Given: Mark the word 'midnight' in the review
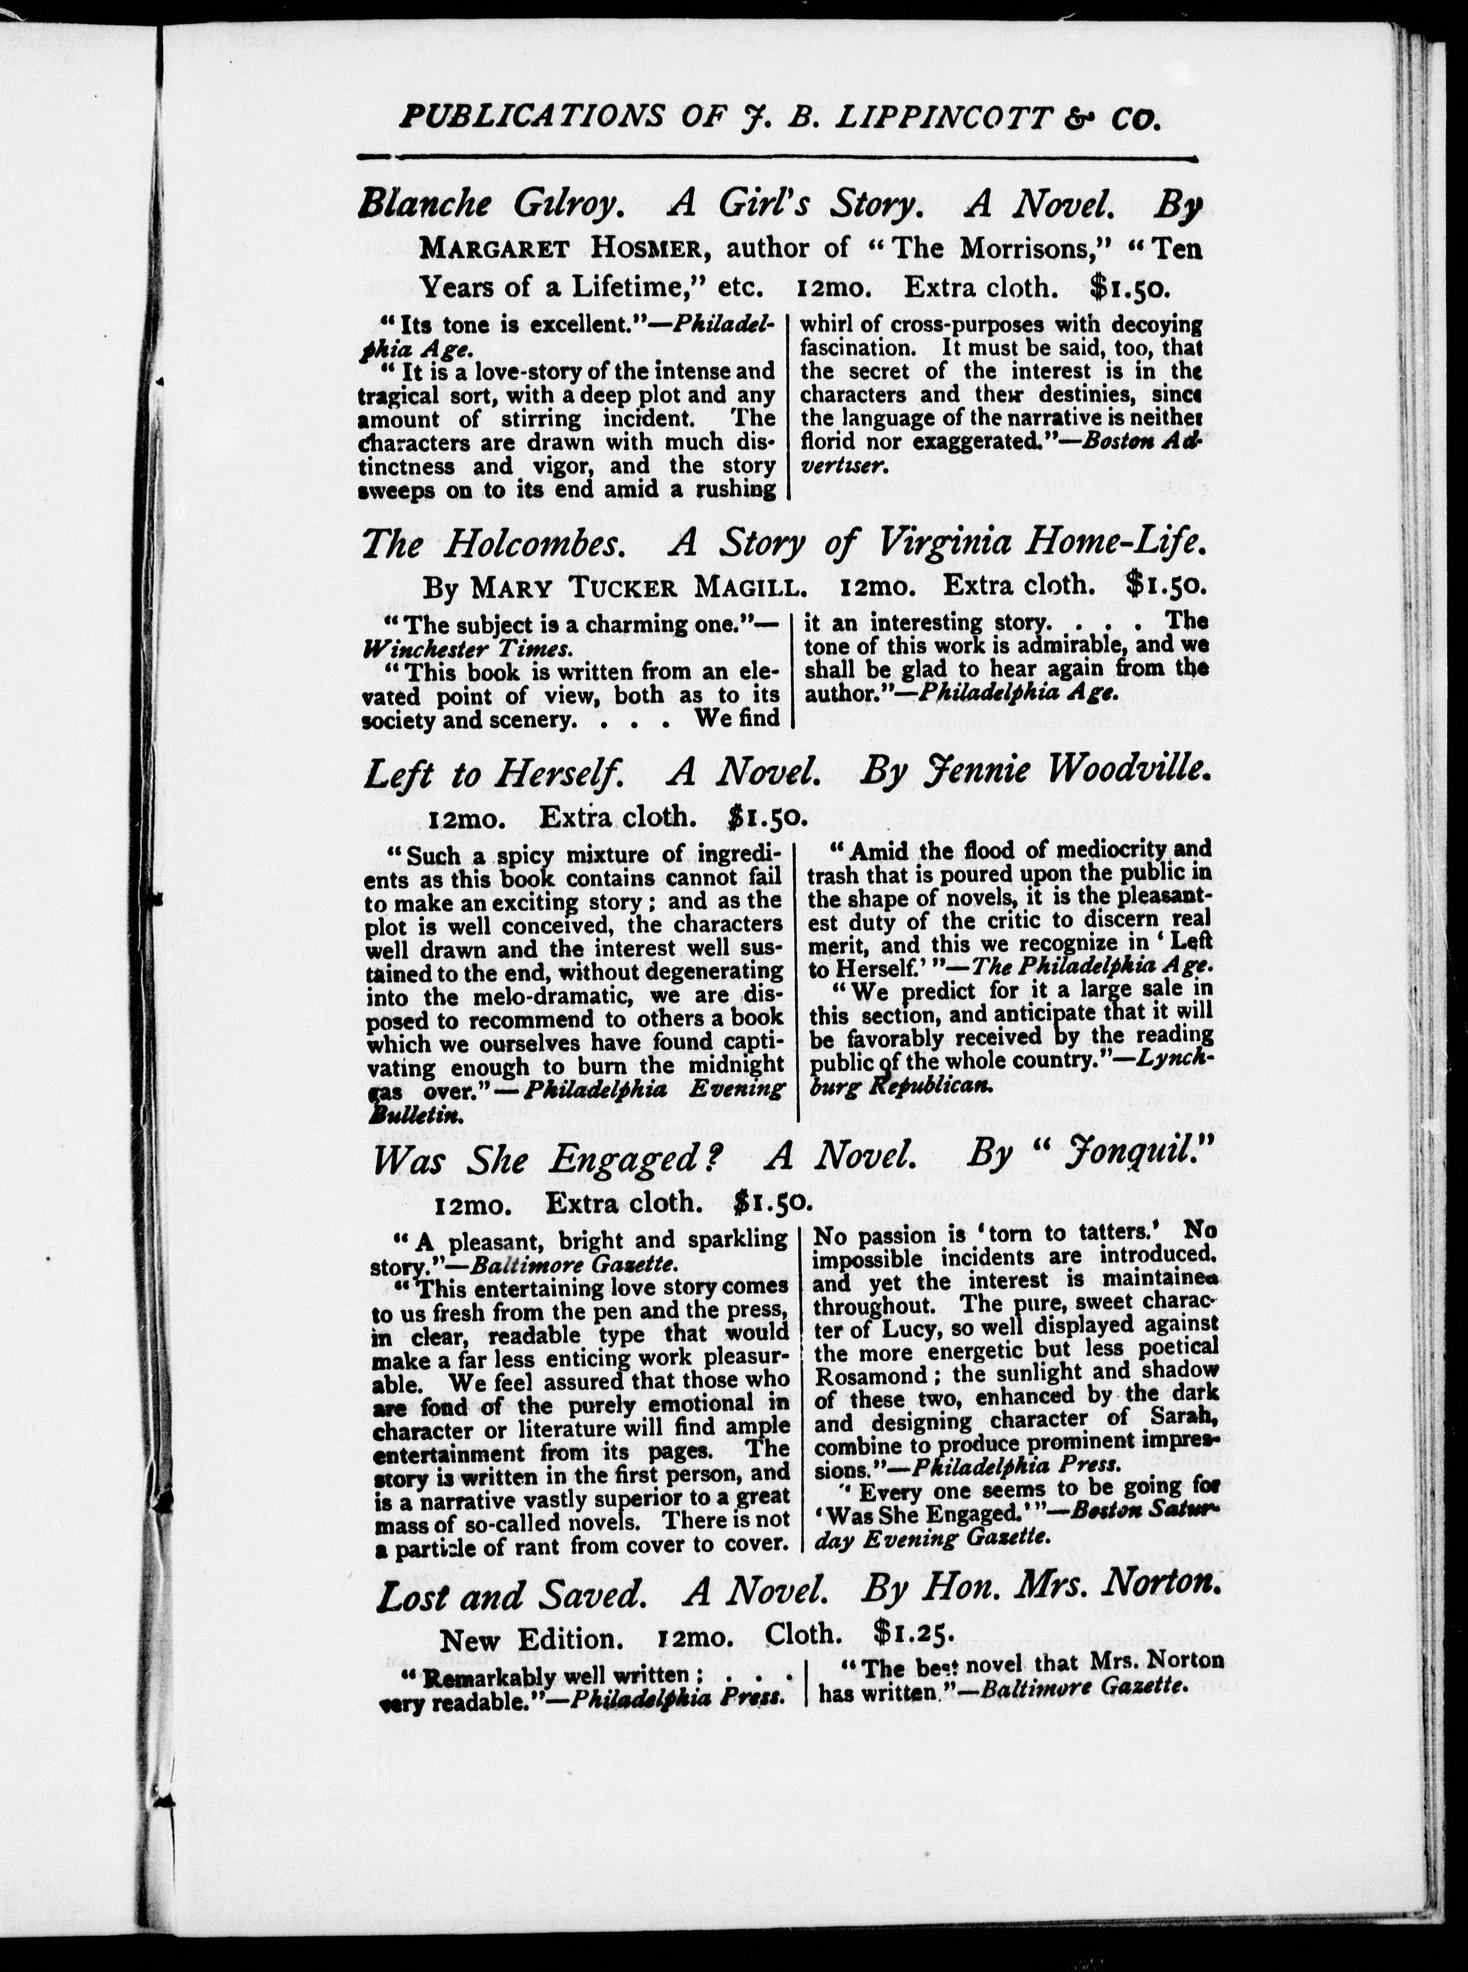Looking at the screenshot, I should point(737,1065).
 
